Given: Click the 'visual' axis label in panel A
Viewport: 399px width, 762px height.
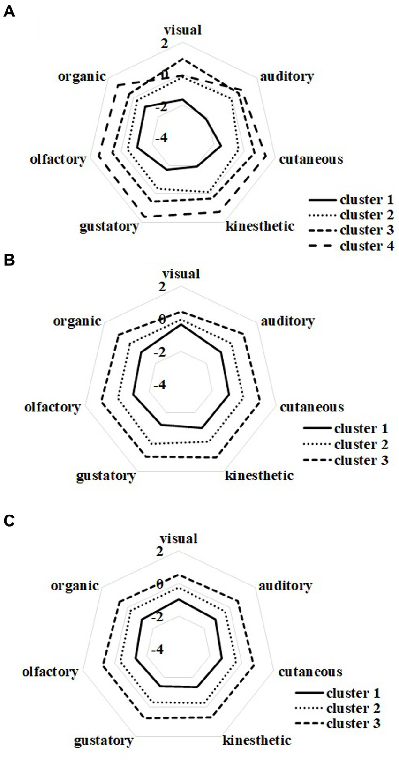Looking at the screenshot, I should (x=182, y=30).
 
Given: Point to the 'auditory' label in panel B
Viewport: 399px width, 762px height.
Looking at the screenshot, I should (x=287, y=321).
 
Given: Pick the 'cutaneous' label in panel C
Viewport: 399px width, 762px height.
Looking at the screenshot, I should (x=310, y=672).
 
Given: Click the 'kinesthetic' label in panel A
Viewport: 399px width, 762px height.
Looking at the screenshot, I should (x=260, y=226).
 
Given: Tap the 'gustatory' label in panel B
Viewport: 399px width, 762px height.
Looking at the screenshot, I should (x=105, y=476).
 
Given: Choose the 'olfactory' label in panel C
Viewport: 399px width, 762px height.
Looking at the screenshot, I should (x=50, y=672).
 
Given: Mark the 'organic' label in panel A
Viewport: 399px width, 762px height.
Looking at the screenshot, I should (x=82, y=76).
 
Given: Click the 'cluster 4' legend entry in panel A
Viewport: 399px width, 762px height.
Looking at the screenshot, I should (x=366, y=246).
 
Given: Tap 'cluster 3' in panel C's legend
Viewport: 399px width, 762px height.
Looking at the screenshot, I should (x=353, y=724).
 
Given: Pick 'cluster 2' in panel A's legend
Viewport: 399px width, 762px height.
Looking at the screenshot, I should (x=366, y=215).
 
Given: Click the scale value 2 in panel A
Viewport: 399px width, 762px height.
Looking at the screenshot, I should (x=164, y=44).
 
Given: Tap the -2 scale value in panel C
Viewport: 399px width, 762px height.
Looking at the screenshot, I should (x=157, y=617).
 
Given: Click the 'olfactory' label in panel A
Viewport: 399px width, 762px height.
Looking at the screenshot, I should (x=58, y=159).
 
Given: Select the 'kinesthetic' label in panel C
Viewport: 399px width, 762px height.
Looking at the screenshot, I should (x=256, y=740).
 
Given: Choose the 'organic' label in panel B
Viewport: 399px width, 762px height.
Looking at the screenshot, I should (x=77, y=321).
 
